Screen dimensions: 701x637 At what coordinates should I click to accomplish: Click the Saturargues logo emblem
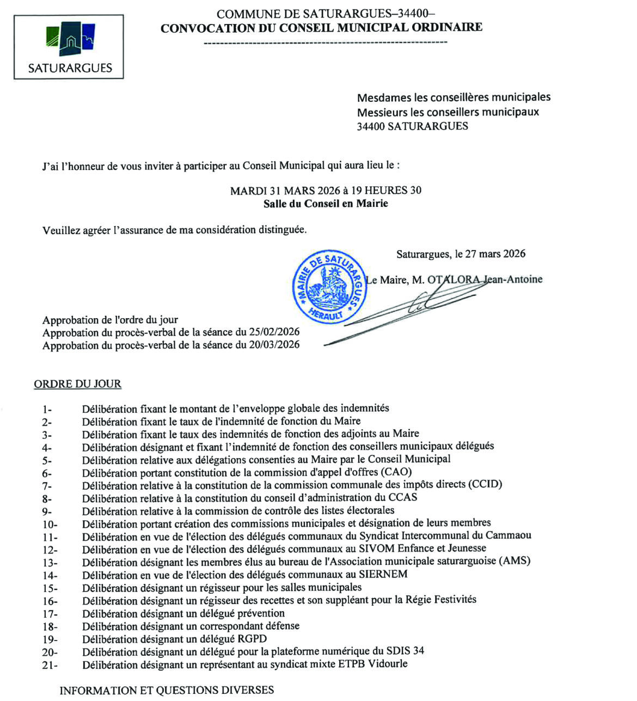(x=69, y=38)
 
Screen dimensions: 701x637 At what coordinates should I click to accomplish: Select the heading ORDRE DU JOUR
(x=77, y=384)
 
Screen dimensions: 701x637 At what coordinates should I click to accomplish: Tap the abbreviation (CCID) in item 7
(x=485, y=484)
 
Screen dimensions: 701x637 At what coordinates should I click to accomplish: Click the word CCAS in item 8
(x=403, y=497)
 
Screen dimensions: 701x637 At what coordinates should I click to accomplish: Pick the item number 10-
(x=50, y=525)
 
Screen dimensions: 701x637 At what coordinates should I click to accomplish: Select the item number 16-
(x=50, y=601)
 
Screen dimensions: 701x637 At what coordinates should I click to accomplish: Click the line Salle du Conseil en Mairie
(x=326, y=204)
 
